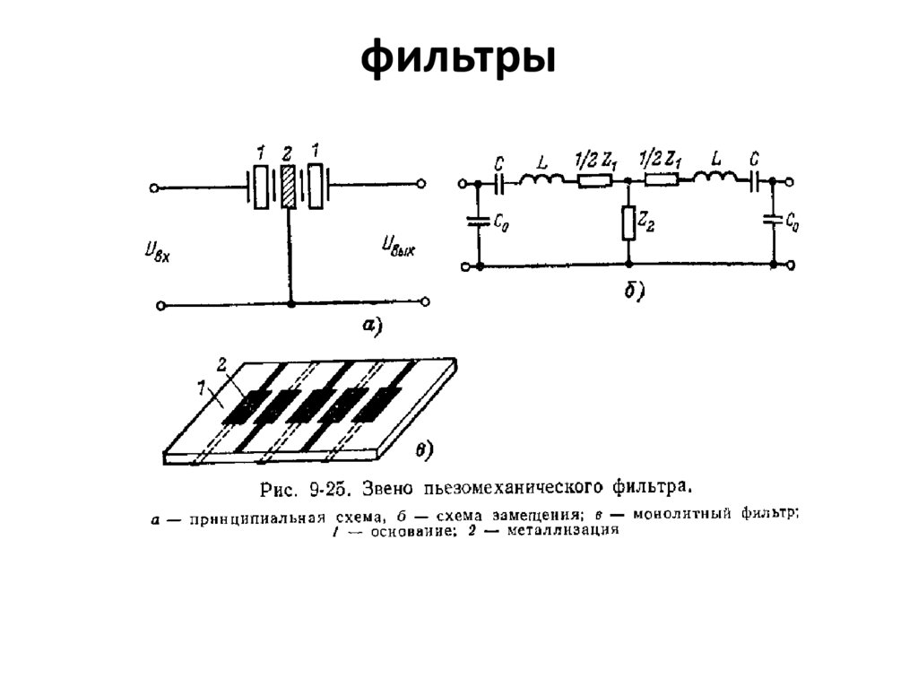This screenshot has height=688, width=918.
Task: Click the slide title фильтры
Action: (x=458, y=58)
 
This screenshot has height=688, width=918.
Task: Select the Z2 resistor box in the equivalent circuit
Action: (x=628, y=222)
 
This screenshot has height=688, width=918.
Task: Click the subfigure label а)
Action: (x=372, y=327)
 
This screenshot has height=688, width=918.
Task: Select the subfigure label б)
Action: (x=635, y=291)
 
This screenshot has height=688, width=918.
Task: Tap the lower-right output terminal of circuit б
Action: (x=792, y=266)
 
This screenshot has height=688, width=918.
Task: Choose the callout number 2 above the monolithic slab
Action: (x=221, y=363)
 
